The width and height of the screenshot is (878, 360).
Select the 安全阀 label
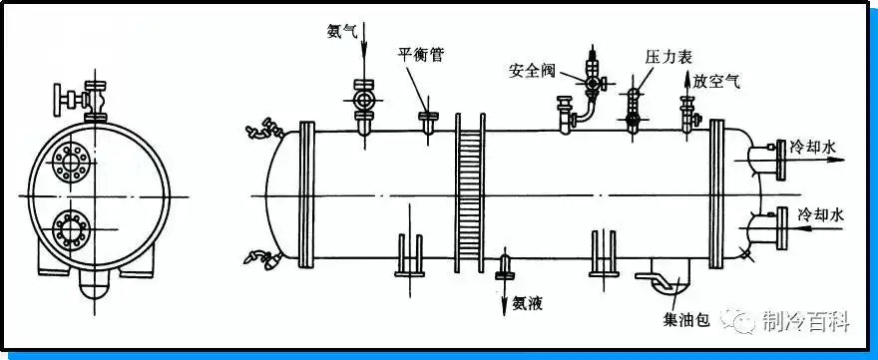click(x=529, y=71)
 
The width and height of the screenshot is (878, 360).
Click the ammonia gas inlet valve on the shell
click(x=362, y=102)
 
